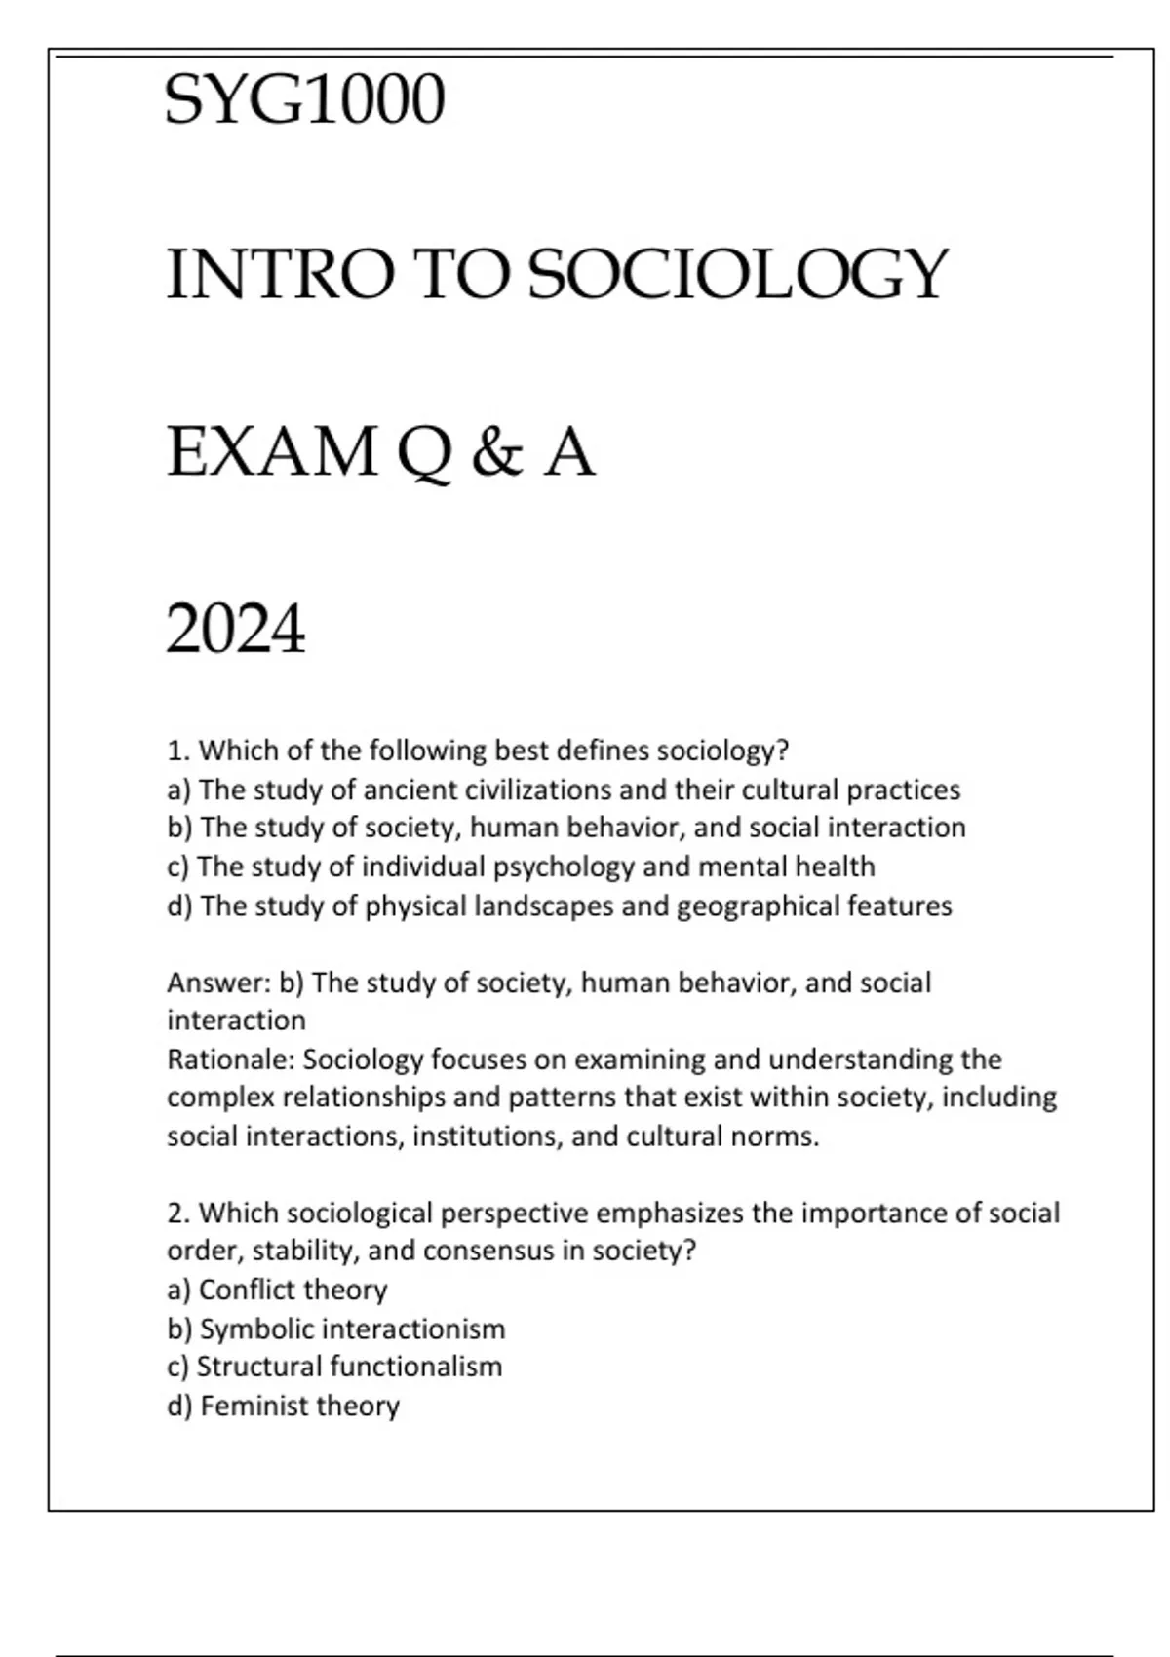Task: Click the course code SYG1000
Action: [x=305, y=99]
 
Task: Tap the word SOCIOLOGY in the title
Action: [x=736, y=275]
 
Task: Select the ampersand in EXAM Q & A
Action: [x=496, y=453]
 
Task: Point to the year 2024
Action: [x=236, y=630]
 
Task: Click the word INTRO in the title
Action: [x=281, y=275]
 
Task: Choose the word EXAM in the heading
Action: [x=272, y=453]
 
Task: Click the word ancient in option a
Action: [x=409, y=790]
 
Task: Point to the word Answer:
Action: [x=218, y=983]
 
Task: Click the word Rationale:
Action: [x=231, y=1060]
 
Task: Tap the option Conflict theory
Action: [x=292, y=1291]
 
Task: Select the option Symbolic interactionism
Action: [x=352, y=1329]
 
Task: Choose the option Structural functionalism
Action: [x=349, y=1367]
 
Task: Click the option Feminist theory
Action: [x=299, y=1407]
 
